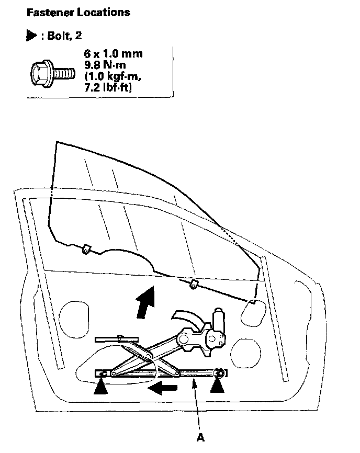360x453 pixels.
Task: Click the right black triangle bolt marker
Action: point(219,387)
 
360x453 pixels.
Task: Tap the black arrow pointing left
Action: point(163,389)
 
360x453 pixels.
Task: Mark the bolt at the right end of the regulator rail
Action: point(220,372)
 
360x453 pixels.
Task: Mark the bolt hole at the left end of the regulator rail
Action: point(104,373)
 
